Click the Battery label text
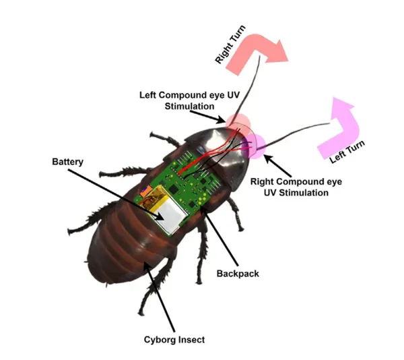(68, 162)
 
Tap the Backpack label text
(238, 273)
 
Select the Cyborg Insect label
(174, 340)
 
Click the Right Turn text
(230, 44)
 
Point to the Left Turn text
(347, 152)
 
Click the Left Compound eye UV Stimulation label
(189, 100)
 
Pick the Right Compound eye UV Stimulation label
(296, 187)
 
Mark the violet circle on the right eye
(254, 146)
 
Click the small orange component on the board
(145, 191)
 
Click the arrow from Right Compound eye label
(277, 165)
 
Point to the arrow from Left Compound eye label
(207, 117)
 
